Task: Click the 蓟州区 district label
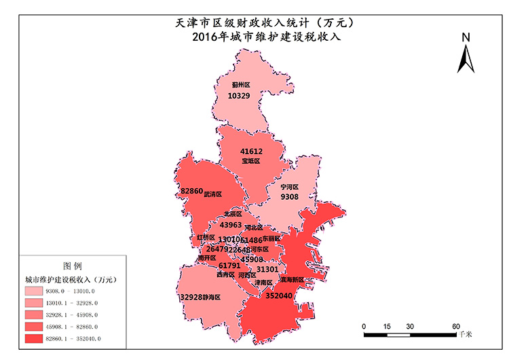[241, 85]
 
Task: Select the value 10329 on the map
[239, 96]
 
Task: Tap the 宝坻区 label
[252, 161]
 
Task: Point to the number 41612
[252, 151]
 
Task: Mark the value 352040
[280, 296]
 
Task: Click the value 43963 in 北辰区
[231, 225]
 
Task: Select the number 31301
[267, 270]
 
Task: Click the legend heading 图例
[72, 265]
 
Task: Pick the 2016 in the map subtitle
[205, 37]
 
